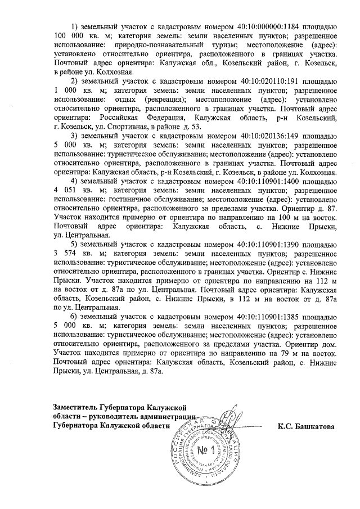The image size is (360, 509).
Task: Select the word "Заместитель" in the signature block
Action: pyautogui.click(x=77, y=407)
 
